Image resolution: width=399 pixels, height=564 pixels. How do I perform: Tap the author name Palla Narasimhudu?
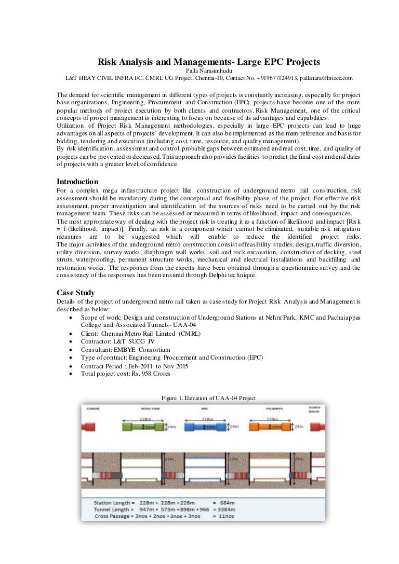click(199, 71)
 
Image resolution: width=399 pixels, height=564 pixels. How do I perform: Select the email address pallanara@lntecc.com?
click(320, 78)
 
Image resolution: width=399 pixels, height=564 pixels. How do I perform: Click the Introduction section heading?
click(77, 182)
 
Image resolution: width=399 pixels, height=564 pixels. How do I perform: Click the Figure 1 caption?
click(208, 397)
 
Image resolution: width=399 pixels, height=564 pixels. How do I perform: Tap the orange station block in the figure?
click(270, 427)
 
